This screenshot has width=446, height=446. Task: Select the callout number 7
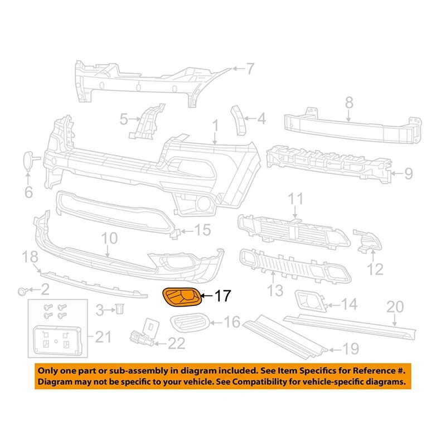click(250, 69)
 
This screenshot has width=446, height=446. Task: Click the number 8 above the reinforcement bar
click(349, 103)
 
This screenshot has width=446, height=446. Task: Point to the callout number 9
click(408, 174)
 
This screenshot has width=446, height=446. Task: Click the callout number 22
click(176, 342)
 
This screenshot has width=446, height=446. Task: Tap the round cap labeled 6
click(27, 159)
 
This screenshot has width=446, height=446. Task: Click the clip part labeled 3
click(119, 308)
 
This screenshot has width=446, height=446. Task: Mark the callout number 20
click(395, 306)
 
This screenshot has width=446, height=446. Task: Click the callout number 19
click(350, 350)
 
